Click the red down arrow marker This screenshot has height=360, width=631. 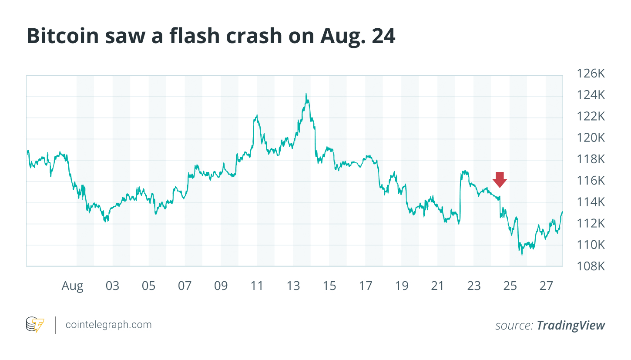click(x=500, y=179)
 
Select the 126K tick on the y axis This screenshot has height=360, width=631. click(x=591, y=74)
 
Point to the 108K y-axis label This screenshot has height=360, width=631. click(x=591, y=266)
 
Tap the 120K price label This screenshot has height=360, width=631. click(x=591, y=138)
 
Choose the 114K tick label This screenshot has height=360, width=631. click(x=591, y=202)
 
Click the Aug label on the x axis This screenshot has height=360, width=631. click(x=72, y=286)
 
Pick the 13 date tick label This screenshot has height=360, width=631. click(x=293, y=286)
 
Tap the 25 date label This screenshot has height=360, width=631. click(x=510, y=286)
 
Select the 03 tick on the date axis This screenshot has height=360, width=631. click(x=112, y=286)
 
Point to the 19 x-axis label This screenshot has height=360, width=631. click(x=402, y=286)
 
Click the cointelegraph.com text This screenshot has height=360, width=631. click(x=108, y=325)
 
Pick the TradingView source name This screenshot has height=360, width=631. click(x=571, y=325)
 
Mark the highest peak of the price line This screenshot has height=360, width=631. click(x=306, y=94)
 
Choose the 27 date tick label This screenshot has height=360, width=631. click(x=546, y=286)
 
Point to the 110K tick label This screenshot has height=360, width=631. click(x=591, y=245)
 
